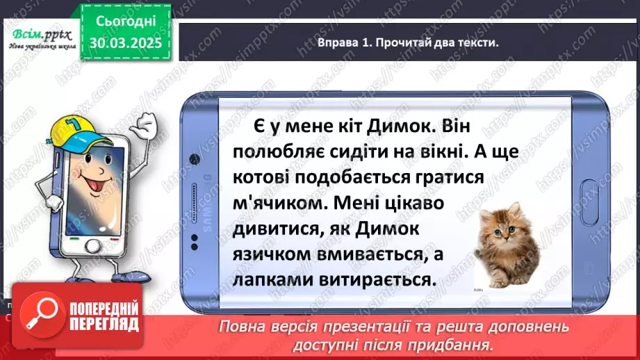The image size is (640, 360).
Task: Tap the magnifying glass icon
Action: pyautogui.click(x=39, y=318)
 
